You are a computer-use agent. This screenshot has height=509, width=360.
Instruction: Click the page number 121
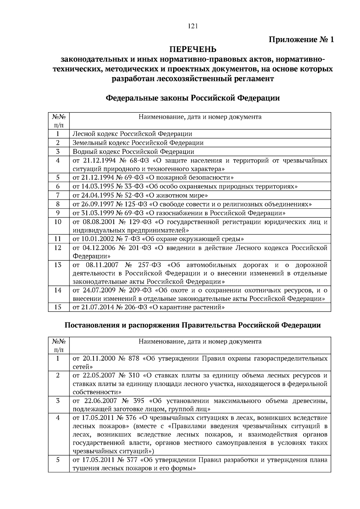point(193,26)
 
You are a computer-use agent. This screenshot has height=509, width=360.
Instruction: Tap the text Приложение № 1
point(301,40)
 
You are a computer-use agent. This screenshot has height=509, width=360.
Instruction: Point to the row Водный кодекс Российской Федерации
point(133,152)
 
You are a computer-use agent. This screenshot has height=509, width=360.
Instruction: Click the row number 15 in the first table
point(58,307)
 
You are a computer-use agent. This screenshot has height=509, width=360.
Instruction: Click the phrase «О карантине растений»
point(187,307)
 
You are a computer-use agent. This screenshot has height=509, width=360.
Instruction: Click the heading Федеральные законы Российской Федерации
point(193,98)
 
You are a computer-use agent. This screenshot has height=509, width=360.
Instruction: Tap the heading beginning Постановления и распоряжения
point(193,325)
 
